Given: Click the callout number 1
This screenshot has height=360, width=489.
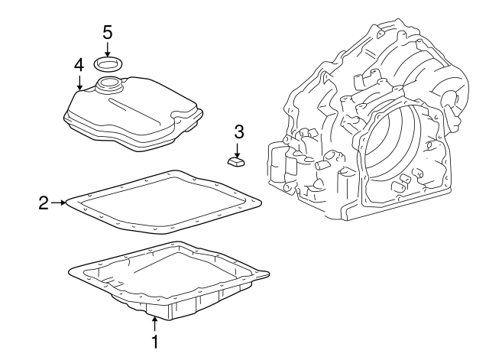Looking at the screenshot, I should [x=154, y=342].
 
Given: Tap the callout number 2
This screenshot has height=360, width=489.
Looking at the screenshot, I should [x=44, y=203].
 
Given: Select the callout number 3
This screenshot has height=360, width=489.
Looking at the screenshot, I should [x=238, y=131].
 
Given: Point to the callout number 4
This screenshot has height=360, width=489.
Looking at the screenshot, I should [x=79, y=65].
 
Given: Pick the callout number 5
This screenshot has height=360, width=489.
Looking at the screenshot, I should [x=107, y=32].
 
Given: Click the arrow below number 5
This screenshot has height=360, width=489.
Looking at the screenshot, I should [x=107, y=49].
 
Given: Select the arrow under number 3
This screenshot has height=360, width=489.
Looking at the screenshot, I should [x=238, y=148].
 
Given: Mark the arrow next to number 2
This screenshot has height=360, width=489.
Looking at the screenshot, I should [x=60, y=203].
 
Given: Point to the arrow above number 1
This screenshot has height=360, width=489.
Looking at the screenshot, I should [x=154, y=324].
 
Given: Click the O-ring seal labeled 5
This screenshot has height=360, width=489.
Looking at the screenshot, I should [x=107, y=62].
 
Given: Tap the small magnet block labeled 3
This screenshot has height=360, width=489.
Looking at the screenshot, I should [x=236, y=161].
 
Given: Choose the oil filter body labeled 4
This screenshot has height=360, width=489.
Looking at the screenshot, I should [x=130, y=115].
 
